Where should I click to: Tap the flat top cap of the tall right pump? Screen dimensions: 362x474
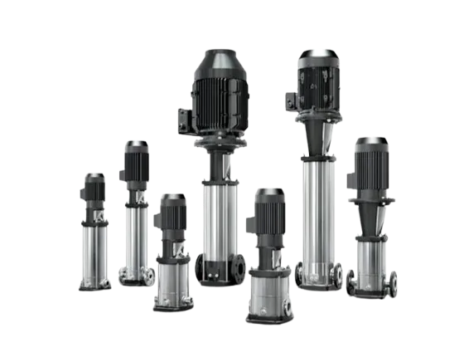317,56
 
